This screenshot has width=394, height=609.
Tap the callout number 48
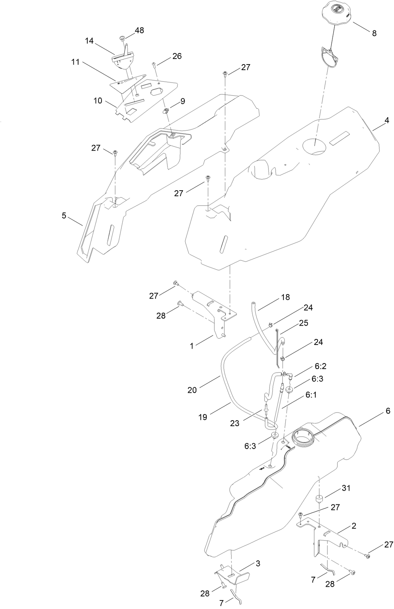(139, 30)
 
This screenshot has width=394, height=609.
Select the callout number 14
(89, 41)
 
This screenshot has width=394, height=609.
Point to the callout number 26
(177, 56)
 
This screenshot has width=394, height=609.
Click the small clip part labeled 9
(166, 110)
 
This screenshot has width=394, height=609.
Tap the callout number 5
(64, 215)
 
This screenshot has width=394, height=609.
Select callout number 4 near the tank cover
(387, 121)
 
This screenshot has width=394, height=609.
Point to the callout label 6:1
(311, 395)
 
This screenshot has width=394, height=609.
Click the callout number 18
(285, 297)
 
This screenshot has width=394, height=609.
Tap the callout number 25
(304, 323)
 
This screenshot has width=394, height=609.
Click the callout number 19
(202, 417)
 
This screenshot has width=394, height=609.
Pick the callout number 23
(235, 422)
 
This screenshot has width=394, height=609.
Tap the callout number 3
(258, 563)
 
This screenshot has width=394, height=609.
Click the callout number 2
(354, 526)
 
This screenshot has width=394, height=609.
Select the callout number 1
(192, 346)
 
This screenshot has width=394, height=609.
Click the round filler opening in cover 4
(314, 146)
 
